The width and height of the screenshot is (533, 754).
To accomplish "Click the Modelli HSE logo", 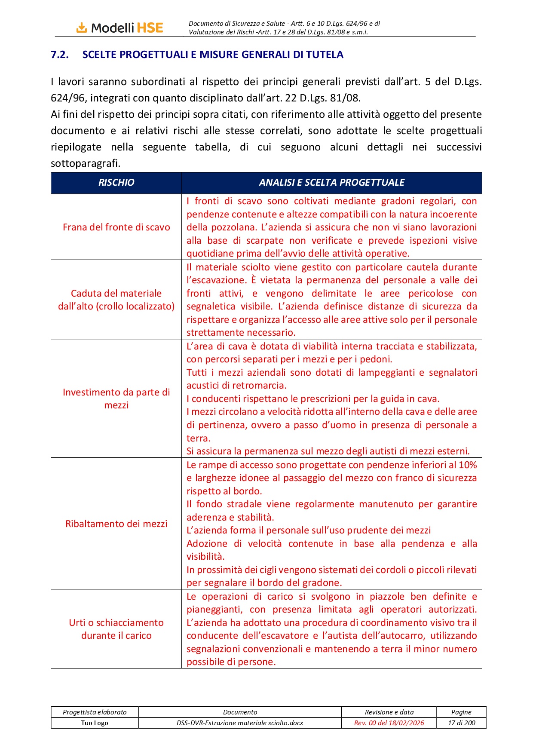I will [x=120, y=28].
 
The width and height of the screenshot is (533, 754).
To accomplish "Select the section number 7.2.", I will [x=60, y=55].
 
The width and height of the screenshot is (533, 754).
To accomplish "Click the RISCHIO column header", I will [x=116, y=183].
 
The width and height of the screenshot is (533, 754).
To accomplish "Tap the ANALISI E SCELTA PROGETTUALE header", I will [x=331, y=183].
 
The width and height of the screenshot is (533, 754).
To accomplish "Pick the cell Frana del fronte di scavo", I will [x=116, y=227].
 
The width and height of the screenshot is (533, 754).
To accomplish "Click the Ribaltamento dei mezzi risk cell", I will [x=116, y=524].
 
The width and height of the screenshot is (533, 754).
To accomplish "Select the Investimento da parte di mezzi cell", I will [x=116, y=398].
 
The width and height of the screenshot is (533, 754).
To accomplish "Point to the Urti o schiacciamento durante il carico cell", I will [x=116, y=629].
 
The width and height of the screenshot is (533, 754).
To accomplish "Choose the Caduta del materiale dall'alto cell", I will [x=116, y=300].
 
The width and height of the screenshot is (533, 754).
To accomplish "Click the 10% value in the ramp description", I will [x=468, y=465].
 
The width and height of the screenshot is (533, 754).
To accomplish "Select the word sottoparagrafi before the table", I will [x=85, y=163].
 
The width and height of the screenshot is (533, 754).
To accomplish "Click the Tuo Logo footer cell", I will [x=95, y=723].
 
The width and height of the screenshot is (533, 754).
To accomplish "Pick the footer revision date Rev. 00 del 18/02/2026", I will [x=389, y=723].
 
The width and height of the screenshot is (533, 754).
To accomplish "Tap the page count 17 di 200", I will [x=461, y=723].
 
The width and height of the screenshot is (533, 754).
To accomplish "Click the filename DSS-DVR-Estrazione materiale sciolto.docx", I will [x=240, y=723].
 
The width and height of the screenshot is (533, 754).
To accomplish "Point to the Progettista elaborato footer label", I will [x=95, y=712].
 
